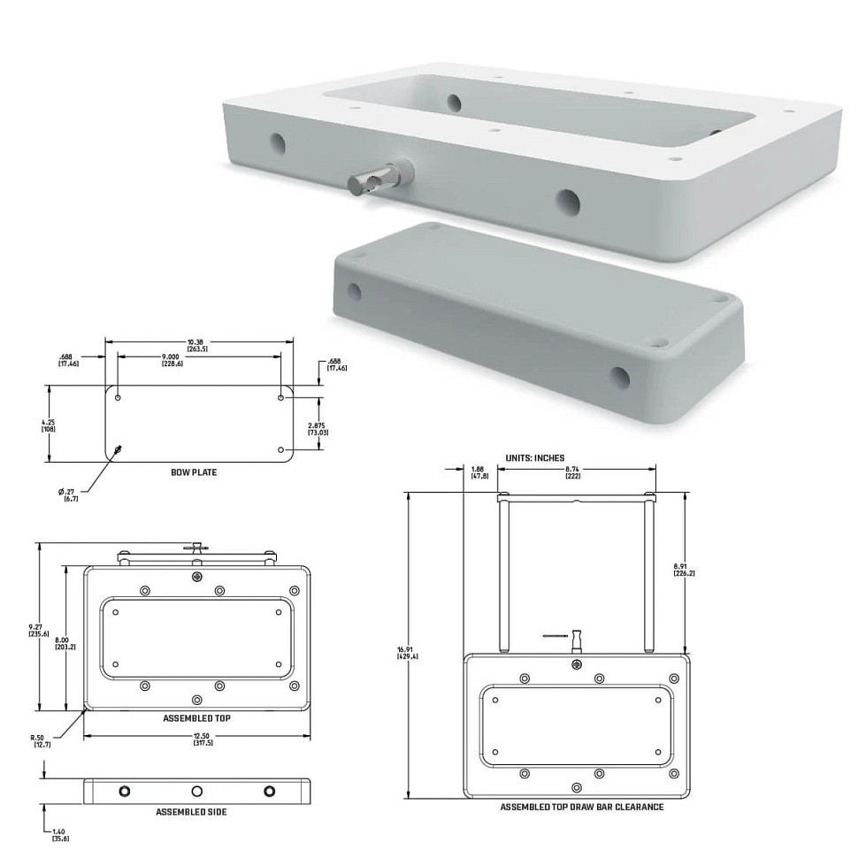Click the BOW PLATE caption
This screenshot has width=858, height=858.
pos(194,472)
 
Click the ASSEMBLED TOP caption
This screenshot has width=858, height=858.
pos(197,718)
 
